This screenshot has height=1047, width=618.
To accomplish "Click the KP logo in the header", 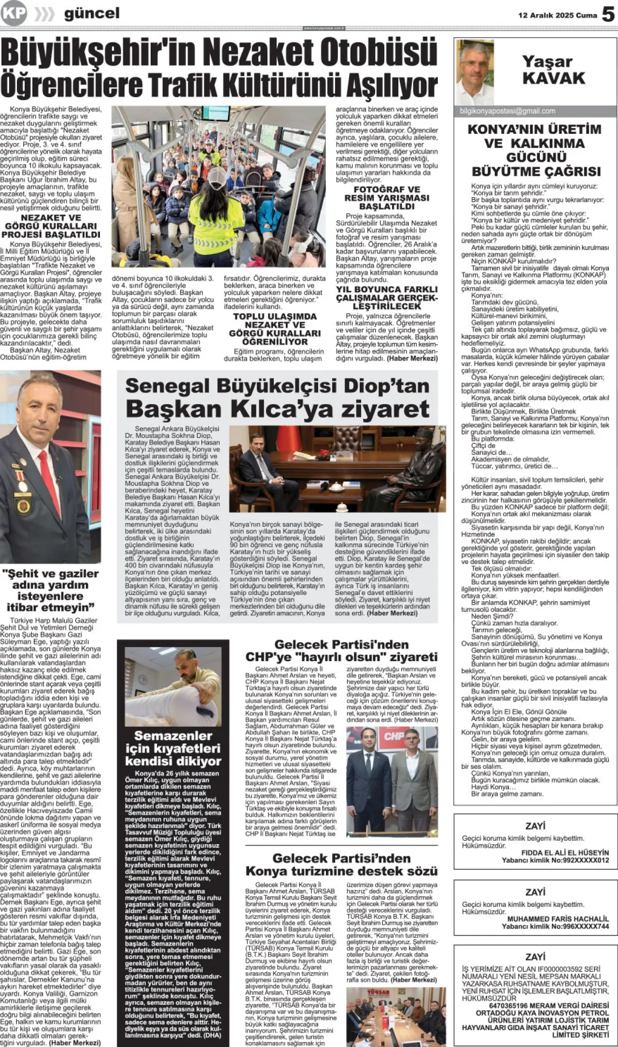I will pyautogui.click(x=14, y=13).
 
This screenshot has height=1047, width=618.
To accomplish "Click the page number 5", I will pyautogui.click(x=608, y=15).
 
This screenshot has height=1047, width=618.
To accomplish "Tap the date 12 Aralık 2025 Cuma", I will pyautogui.click(x=558, y=15).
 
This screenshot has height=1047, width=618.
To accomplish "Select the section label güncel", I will pyautogui.click(x=92, y=14).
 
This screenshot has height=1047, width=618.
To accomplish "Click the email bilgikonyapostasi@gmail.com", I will pyautogui.click(x=507, y=111).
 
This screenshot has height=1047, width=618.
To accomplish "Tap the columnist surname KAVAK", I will pyautogui.click(x=553, y=78).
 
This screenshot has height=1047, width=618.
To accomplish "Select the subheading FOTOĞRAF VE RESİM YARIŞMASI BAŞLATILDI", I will pyautogui.click(x=387, y=198).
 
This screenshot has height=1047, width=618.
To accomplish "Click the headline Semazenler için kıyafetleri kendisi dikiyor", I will pyautogui.click(x=173, y=748).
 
